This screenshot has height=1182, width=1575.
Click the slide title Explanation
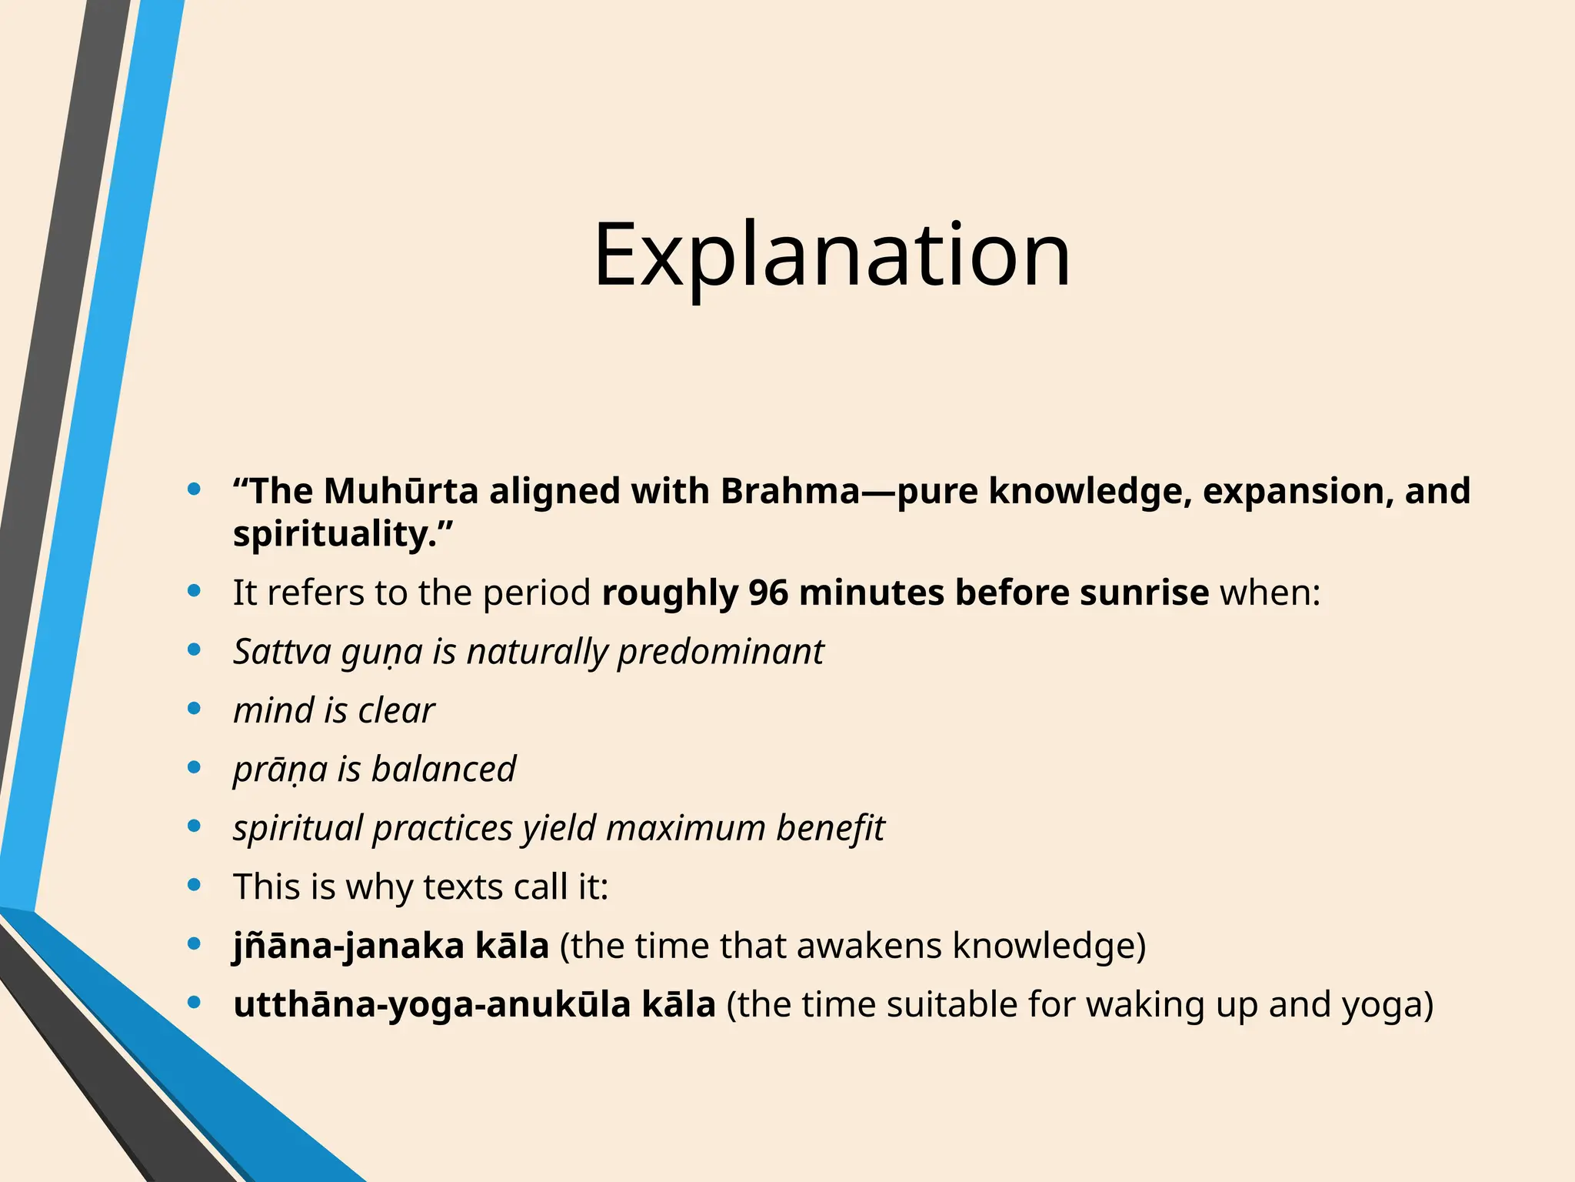click(x=831, y=254)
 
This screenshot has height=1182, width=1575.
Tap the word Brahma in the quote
click(x=789, y=491)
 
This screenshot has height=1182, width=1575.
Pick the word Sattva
click(x=281, y=652)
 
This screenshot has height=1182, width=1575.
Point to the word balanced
click(x=444, y=770)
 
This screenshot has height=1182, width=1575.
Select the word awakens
click(x=869, y=946)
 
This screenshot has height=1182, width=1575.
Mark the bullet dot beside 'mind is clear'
click(x=195, y=709)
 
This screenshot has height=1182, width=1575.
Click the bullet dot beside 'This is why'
click(x=195, y=885)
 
